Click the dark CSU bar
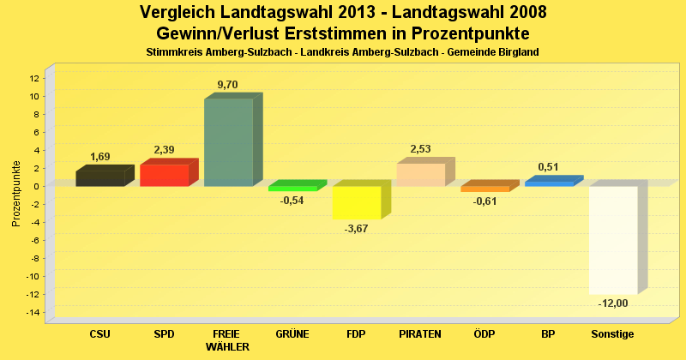(100, 178)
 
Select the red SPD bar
(165, 175)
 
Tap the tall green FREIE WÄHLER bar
(228, 142)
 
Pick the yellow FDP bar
(357, 202)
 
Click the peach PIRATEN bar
(421, 174)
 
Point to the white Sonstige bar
(613, 240)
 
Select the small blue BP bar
(549, 183)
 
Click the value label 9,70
(228, 84)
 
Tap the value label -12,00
(613, 303)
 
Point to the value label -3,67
(356, 229)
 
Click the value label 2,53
(421, 149)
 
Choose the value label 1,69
(100, 157)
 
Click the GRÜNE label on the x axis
(292, 333)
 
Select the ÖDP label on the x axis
(484, 333)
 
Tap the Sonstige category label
(613, 333)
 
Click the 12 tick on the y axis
(33, 78)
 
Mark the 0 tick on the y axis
(36, 186)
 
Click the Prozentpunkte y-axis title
(16, 194)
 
